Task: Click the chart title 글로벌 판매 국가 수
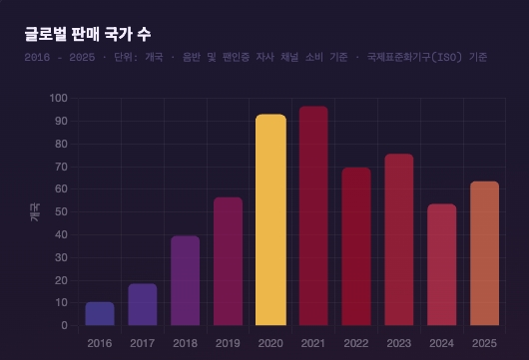pos(88,35)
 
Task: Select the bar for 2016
pos(100,314)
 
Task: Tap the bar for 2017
pos(143,305)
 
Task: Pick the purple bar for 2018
pos(186,281)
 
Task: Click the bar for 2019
pos(228,261)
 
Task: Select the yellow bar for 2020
pos(270,220)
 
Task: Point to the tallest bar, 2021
pos(313,216)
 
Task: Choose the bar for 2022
pos(356,246)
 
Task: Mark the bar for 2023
pos(399,239)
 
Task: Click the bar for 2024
pos(441,265)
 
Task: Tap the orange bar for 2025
pos(484,253)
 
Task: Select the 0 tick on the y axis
pos(64,325)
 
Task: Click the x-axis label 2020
pos(270,342)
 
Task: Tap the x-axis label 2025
pos(484,342)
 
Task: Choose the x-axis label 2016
pos(100,342)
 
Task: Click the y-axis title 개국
pos(33,211)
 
